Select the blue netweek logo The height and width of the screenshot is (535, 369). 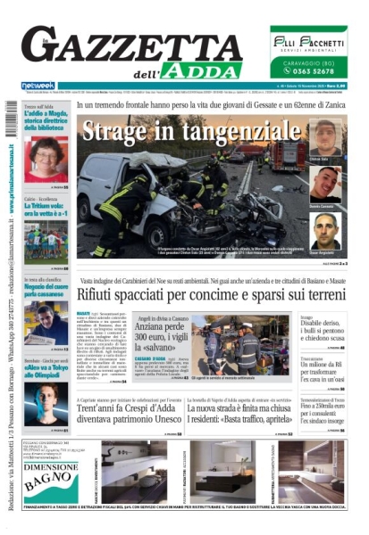[38, 86]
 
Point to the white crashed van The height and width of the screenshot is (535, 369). [134, 192]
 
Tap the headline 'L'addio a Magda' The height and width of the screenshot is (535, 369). [44, 115]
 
